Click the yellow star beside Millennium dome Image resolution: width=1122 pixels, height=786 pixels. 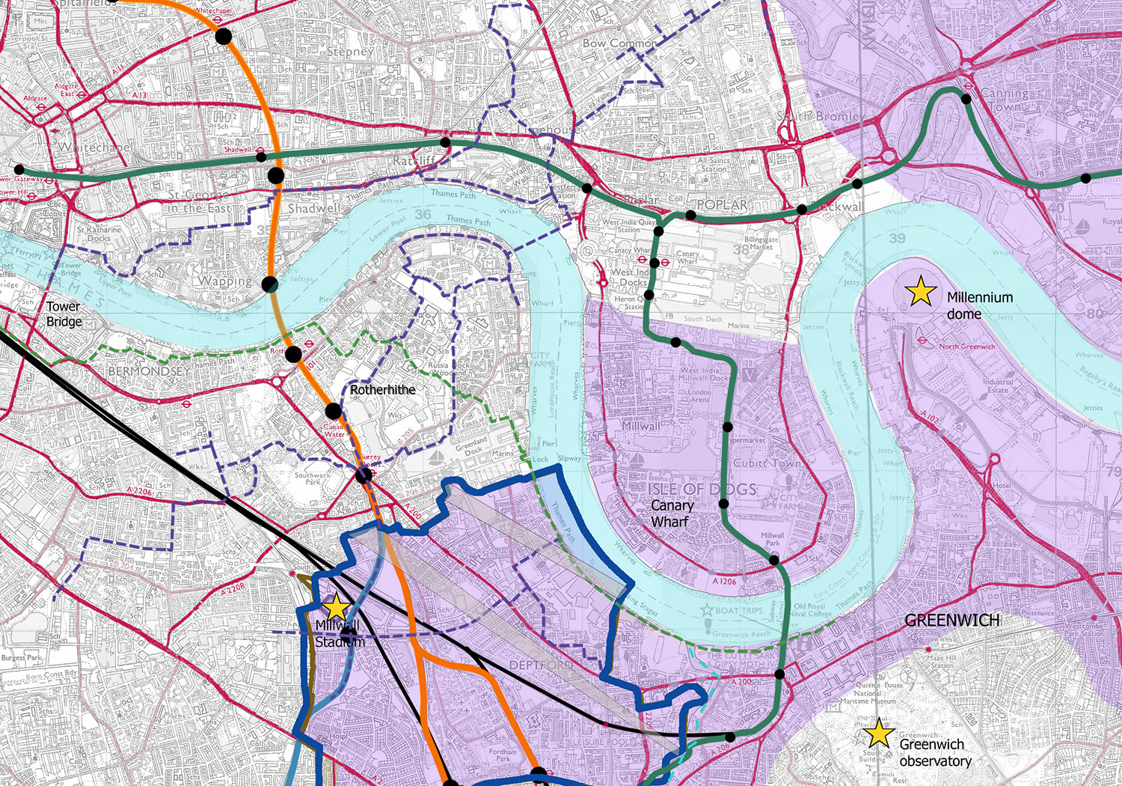921,291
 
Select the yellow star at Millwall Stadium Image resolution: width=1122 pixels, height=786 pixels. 337,607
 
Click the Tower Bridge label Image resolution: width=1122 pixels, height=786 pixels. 64,314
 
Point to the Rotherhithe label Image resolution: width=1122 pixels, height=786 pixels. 382,389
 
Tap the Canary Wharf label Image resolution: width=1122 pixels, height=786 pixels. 671,513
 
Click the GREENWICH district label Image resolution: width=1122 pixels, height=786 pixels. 952,620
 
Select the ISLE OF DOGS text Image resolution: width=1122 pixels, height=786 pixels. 702,489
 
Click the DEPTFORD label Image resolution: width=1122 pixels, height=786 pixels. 541,665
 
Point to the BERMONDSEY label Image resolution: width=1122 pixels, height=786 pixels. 149,371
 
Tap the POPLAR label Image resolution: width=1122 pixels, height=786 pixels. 722,204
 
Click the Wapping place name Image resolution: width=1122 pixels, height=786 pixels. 225,281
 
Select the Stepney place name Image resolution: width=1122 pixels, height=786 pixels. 349,52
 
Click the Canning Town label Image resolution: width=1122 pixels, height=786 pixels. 1004,100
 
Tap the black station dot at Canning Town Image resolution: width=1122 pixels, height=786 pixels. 966,99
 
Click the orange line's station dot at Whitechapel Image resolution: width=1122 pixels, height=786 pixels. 223,36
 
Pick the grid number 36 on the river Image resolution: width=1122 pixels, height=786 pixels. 423,214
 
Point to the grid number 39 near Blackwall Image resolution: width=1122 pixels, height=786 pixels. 897,238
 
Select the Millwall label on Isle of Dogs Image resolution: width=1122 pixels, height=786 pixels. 640,425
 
